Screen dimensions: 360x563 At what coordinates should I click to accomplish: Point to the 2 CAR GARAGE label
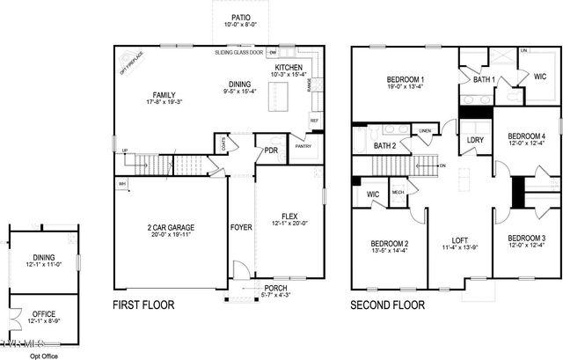171,228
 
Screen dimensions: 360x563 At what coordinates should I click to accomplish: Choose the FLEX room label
289,217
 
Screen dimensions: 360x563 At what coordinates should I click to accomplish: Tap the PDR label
271,151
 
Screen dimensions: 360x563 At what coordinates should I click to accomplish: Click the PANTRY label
303,147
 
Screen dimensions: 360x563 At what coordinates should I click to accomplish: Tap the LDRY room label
475,139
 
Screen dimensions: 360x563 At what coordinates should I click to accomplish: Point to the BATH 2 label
384,145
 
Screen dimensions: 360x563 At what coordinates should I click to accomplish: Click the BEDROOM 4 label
526,136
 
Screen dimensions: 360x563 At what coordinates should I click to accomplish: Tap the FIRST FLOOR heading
143,305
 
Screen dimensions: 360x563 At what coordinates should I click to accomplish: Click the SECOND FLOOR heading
387,305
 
